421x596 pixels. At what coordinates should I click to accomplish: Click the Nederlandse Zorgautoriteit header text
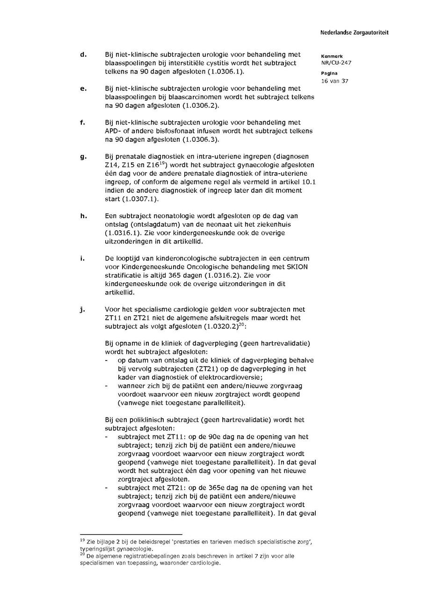tap(354, 33)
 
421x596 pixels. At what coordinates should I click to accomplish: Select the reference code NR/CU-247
tap(336, 63)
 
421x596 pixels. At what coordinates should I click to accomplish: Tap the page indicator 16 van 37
tap(334, 81)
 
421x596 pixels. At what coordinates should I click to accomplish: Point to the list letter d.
tap(83, 55)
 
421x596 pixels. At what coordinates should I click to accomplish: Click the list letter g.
tap(83, 156)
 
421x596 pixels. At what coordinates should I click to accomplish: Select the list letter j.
tap(83, 309)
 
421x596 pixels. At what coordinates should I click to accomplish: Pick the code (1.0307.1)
tap(140, 199)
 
